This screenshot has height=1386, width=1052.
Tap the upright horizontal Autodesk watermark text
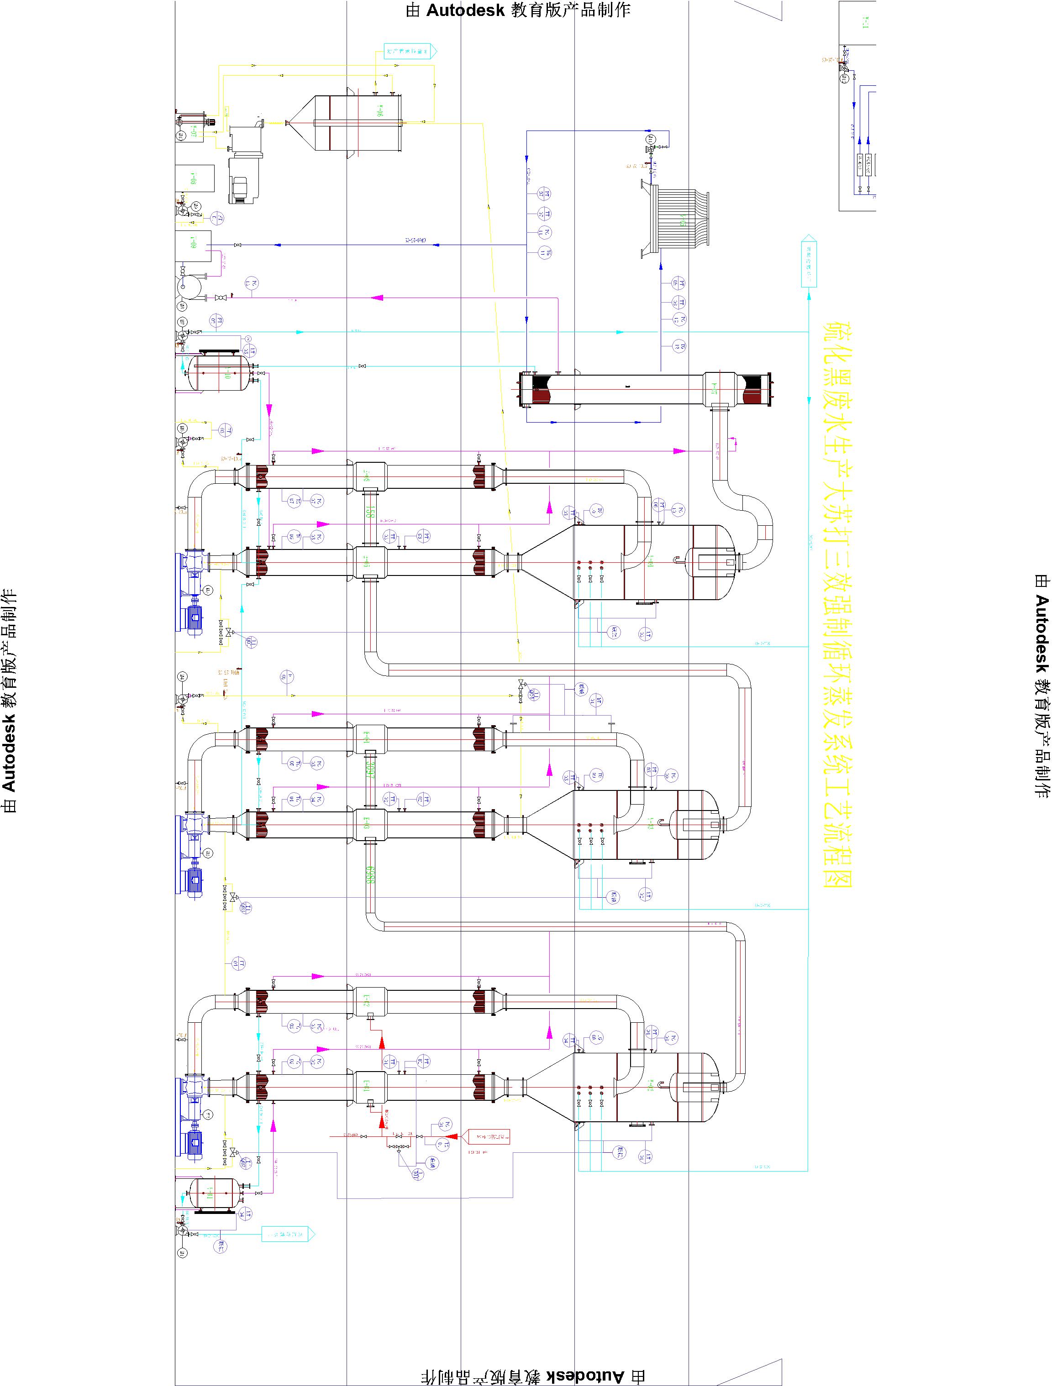(518, 10)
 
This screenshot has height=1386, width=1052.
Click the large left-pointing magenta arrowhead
(378, 298)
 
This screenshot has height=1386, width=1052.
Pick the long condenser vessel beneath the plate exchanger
(646, 389)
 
